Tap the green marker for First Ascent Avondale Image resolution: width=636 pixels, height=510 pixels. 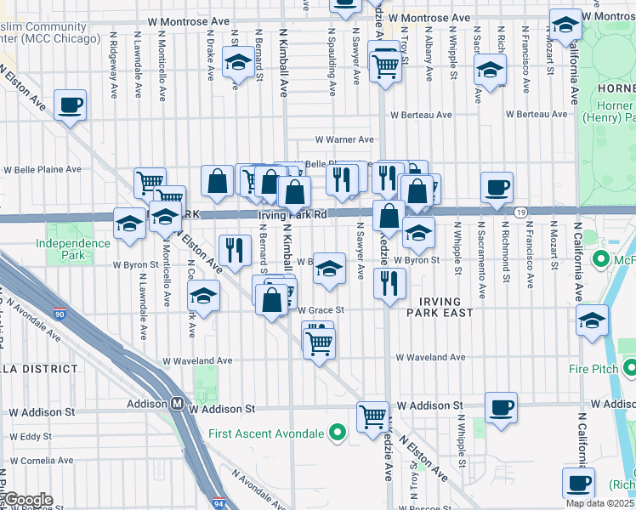tap(337, 433)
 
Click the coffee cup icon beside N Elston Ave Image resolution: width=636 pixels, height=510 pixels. tap(71, 105)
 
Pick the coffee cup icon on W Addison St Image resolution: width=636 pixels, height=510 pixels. tap(501, 406)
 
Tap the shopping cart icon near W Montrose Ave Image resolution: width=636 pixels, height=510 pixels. tap(386, 64)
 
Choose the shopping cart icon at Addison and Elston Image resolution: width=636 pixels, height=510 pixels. tap(372, 416)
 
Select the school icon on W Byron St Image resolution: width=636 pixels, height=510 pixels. tap(330, 269)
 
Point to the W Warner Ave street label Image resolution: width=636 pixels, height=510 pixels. tap(344, 139)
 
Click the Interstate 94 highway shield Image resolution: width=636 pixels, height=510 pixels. tap(219, 503)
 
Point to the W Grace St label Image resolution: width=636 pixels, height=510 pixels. tap(320, 310)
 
